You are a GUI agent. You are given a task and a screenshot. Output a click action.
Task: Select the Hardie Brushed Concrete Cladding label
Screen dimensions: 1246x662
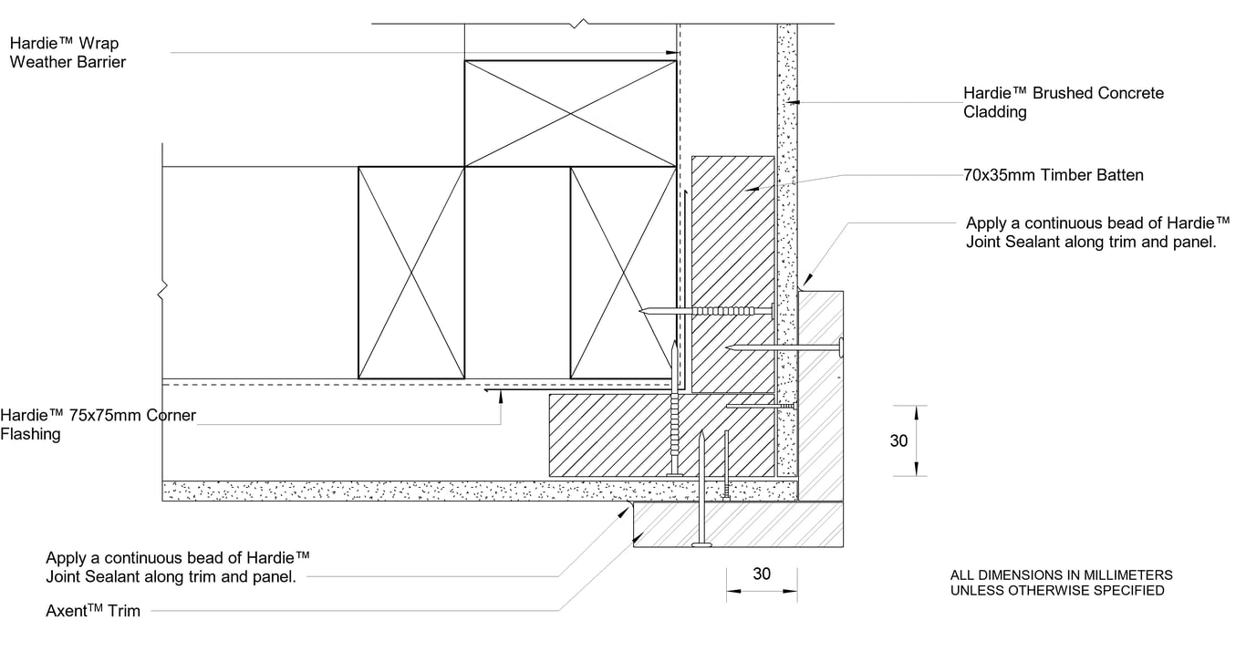point(1063,102)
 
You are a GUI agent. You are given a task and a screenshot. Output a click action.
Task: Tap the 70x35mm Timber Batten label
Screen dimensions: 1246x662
point(1053,174)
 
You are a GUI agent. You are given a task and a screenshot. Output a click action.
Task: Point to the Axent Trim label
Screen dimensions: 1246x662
point(93,610)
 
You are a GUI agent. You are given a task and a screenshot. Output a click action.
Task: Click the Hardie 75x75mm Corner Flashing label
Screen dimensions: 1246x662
point(98,424)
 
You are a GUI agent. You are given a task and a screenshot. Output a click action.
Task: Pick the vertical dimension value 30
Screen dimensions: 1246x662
point(898,441)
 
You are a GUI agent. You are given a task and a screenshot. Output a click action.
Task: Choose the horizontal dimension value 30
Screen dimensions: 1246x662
point(761,574)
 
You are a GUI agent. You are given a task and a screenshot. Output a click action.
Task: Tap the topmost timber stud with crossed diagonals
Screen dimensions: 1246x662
point(571,114)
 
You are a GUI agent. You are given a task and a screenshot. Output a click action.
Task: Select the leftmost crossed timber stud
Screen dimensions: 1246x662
point(411,273)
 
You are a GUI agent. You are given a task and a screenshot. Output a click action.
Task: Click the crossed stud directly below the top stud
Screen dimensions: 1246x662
point(623,273)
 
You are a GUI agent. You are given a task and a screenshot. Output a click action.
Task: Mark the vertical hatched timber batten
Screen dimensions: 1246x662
point(732,274)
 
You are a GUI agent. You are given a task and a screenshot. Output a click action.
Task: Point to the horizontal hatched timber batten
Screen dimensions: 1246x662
point(661,435)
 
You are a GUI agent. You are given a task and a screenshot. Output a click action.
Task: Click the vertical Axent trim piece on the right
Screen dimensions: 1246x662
point(820,394)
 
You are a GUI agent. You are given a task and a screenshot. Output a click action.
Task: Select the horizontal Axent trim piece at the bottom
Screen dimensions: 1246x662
point(738,524)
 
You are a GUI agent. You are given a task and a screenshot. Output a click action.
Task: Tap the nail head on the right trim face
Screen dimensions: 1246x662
point(840,347)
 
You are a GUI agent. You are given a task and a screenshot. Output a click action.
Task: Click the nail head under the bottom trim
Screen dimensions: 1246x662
point(701,545)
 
